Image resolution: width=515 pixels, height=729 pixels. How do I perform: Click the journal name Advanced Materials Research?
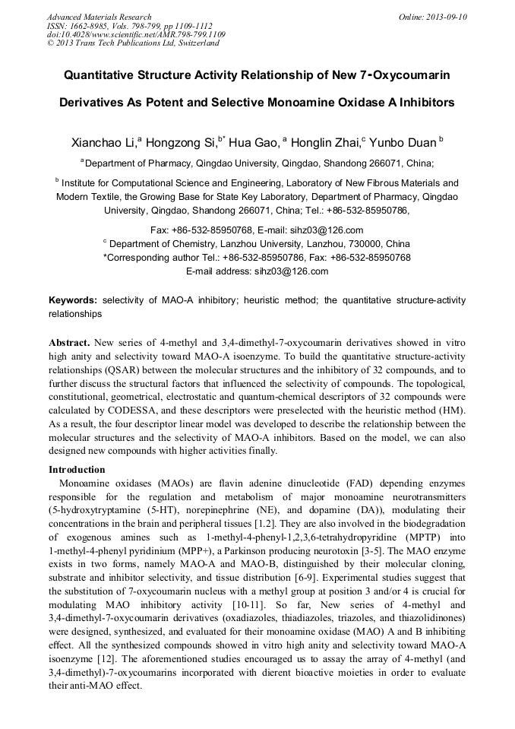(x=99, y=17)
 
